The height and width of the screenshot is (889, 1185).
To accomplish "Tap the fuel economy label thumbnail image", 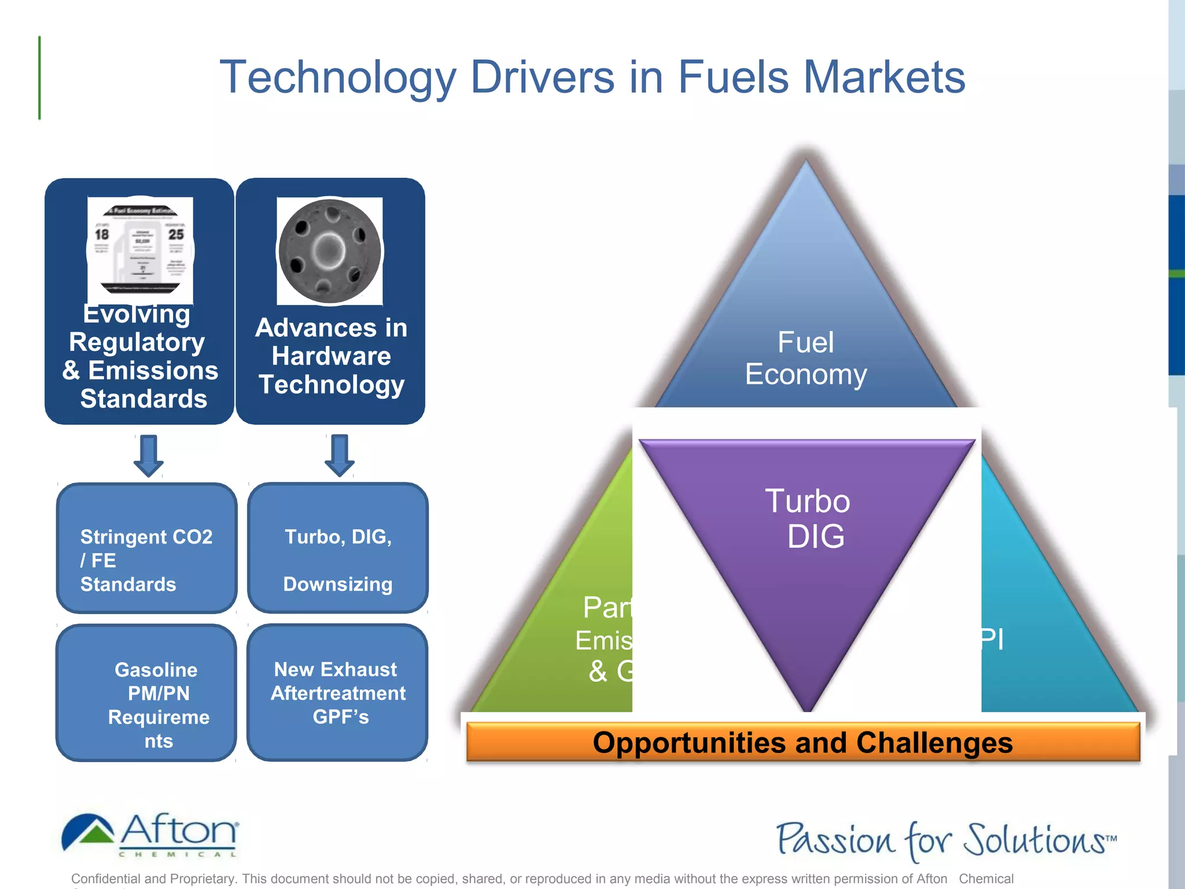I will point(140,251).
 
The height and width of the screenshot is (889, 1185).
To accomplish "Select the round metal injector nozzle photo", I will point(330,251).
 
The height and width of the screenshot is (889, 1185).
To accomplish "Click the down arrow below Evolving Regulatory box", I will point(149,455).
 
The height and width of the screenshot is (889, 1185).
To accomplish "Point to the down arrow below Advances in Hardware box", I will point(340,455).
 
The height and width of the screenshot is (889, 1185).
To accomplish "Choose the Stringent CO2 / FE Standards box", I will point(146,548).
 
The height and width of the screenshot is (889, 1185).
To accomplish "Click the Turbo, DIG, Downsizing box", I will point(338,548).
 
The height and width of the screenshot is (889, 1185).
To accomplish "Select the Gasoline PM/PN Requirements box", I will point(146,692).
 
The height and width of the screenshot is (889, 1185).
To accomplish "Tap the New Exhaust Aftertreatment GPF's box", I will point(338,692).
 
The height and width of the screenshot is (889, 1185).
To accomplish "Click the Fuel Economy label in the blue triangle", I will point(805,358).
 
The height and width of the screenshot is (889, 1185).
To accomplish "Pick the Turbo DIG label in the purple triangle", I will point(808,519).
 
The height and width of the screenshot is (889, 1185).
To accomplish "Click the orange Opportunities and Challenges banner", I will point(803,743).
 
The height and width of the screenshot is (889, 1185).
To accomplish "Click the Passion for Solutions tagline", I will point(945,840).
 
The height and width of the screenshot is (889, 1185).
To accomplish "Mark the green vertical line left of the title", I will point(39,78).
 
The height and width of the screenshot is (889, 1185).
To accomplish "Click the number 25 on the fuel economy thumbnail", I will point(176,234).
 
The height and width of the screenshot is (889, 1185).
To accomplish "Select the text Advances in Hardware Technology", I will point(331,356).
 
